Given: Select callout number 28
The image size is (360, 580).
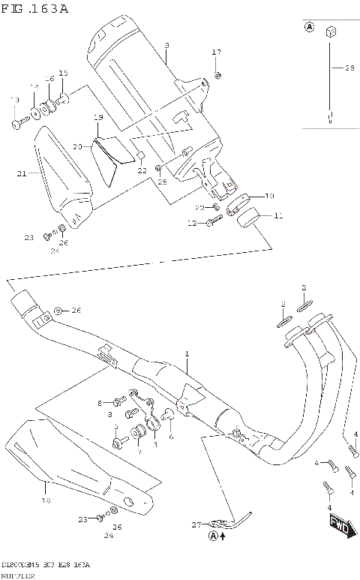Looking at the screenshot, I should tap(349, 68).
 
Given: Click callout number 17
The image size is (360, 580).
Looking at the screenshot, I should tap(217, 52).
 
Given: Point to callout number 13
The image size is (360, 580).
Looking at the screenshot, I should tap(13, 100).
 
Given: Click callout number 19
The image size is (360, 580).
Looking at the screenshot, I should tap(97, 118).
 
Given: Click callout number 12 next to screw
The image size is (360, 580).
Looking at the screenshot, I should tap(192, 223).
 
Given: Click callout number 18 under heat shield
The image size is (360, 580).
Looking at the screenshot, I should tap(45, 499).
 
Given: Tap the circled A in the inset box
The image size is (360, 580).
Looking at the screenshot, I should tap(308, 28).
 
